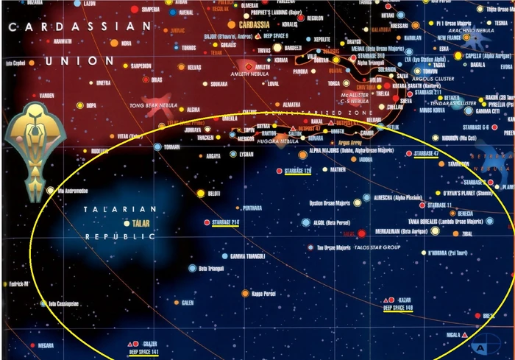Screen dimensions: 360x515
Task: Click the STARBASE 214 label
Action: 225,222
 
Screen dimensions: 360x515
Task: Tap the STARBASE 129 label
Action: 298,171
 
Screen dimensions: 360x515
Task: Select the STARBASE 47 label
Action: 427,153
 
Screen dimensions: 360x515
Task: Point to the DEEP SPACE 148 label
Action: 398,308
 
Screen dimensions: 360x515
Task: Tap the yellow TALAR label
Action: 140,223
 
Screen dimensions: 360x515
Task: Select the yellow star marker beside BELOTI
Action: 199,193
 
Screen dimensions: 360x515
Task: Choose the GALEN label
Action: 187,303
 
